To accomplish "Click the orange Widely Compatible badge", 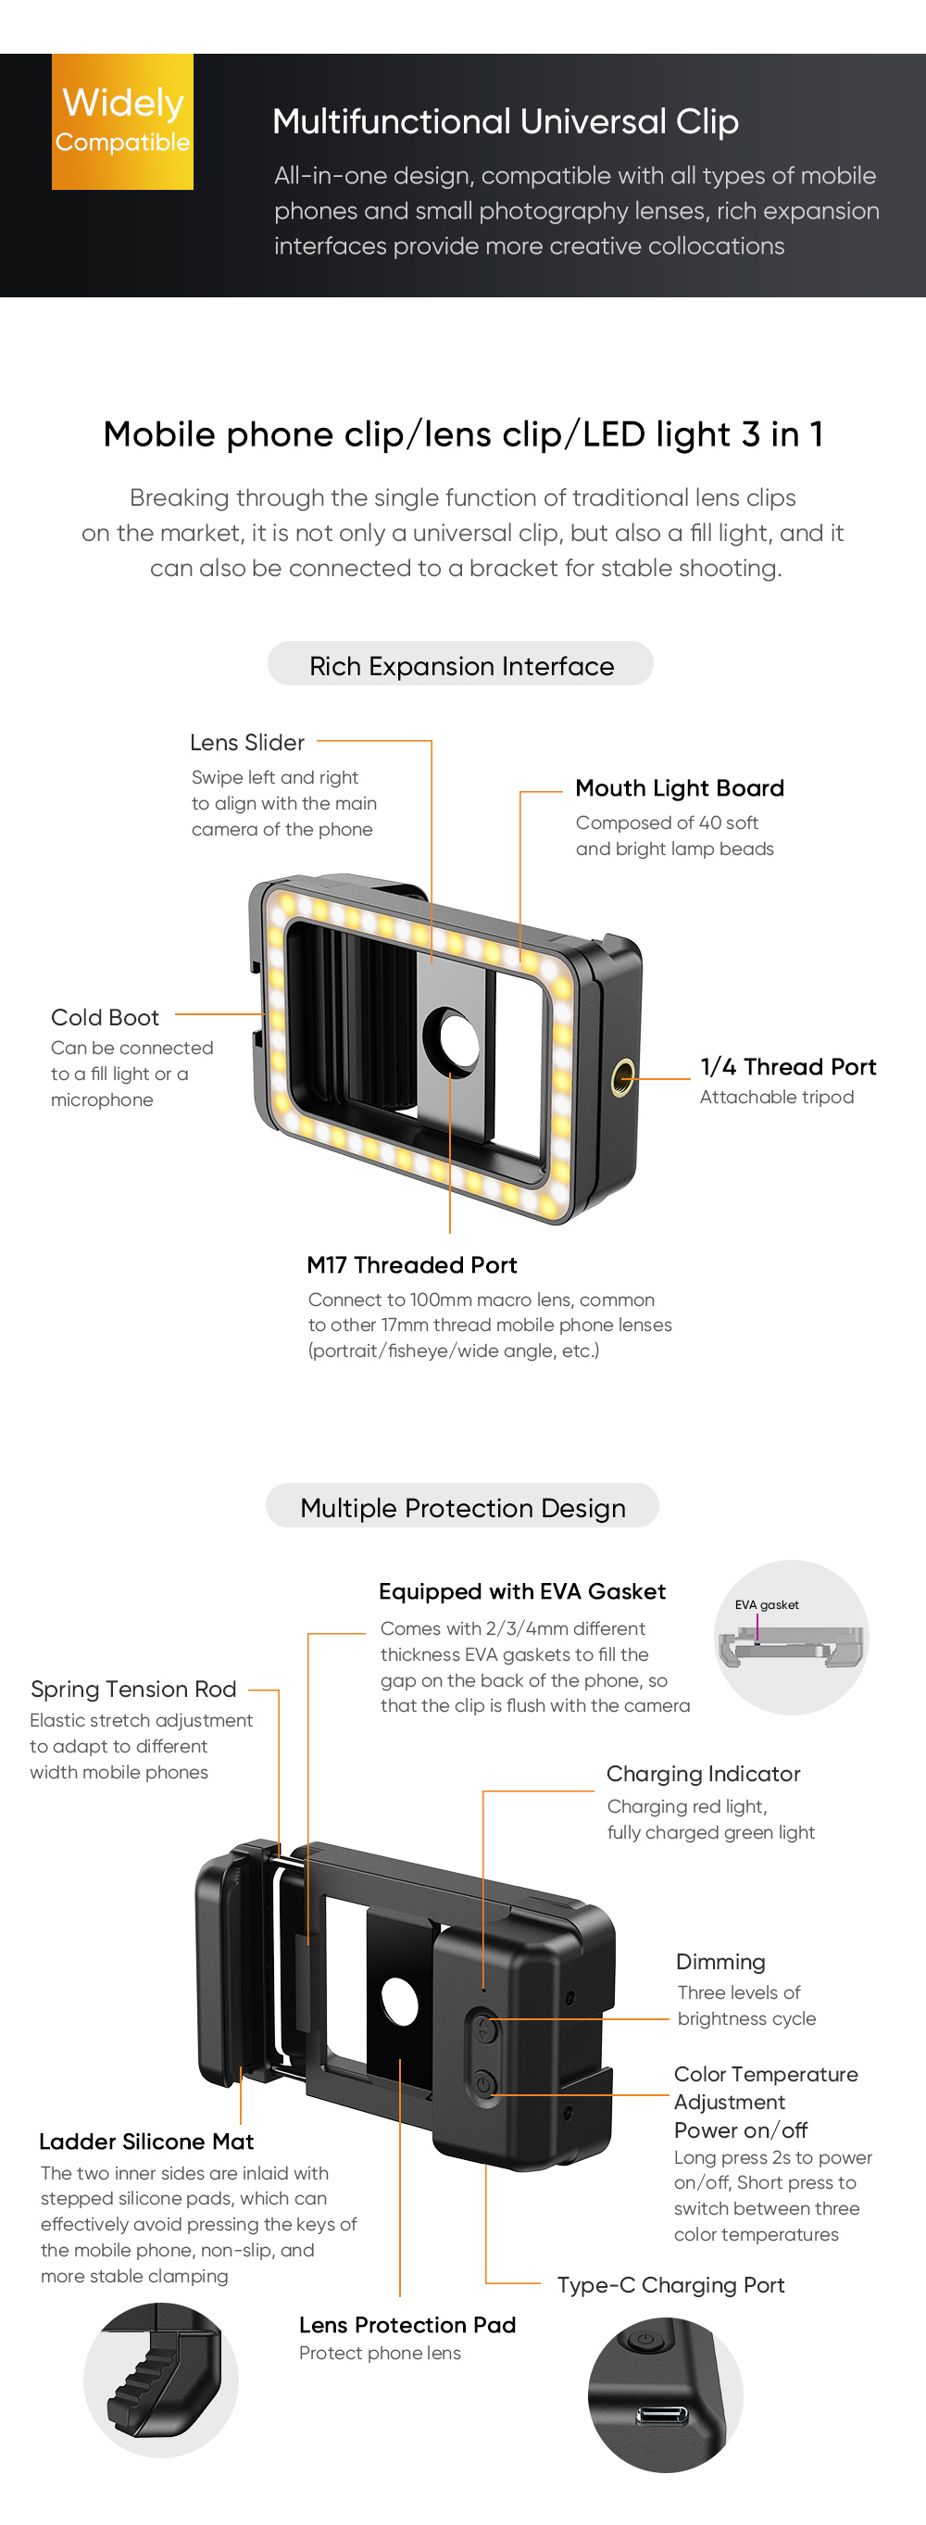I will coord(122,121).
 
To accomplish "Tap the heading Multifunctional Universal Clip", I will coord(505,121).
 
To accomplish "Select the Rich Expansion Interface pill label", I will coord(460,666).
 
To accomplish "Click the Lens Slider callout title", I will coord(247,742).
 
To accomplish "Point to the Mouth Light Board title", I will coord(679,788).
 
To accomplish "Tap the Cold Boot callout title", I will coord(105,1017).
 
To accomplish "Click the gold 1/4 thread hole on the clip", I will coord(621,1079).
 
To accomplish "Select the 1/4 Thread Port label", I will coord(787,1066).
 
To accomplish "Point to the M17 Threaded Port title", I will coord(411,1264).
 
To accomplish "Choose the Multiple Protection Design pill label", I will coord(462,1508).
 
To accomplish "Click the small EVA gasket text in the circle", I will coord(767,1604).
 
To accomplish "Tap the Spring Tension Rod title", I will coord(133,1689).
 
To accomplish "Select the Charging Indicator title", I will coord(703,1773).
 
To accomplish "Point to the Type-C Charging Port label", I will coord(670,2285).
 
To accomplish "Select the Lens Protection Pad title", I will coord(407,2325).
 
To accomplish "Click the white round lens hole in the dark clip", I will coord(399,2002).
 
